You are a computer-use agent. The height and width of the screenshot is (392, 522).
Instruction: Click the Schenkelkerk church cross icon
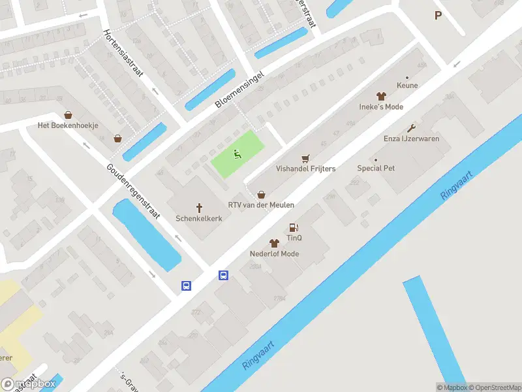coord(199,206)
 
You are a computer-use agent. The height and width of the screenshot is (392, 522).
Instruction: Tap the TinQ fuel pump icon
coord(294,228)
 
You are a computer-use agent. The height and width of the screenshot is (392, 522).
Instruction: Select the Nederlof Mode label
coord(274,253)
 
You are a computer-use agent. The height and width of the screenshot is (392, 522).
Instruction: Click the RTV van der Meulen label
coord(261,205)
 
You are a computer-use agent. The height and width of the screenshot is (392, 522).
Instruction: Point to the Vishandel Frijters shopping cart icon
coord(305,158)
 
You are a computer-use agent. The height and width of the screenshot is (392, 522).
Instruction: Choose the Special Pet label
coord(376,168)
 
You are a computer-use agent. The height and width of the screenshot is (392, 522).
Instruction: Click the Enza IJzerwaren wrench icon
coord(411,128)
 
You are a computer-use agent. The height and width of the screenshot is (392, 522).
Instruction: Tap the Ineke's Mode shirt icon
coord(381,96)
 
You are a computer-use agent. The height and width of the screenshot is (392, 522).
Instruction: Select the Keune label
coord(407,86)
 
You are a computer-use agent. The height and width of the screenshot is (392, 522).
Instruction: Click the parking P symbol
coord(438,16)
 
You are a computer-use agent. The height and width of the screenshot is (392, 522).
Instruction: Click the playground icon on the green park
coord(238,155)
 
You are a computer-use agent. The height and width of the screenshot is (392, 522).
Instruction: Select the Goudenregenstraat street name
coord(133,194)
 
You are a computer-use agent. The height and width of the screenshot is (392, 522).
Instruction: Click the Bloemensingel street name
coord(242,90)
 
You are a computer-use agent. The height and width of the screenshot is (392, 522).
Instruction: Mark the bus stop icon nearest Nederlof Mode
coord(223,275)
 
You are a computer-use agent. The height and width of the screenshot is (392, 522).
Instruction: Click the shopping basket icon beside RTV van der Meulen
coord(262,194)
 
